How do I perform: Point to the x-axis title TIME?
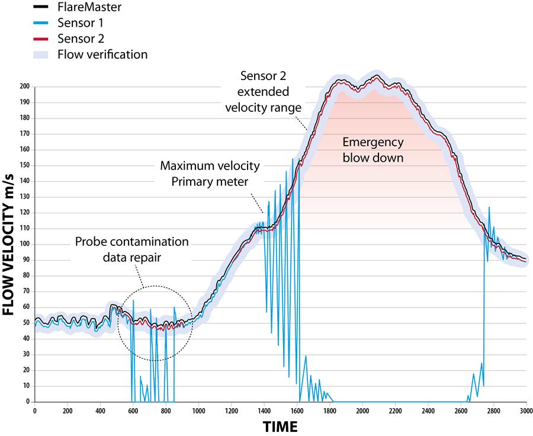[280, 425]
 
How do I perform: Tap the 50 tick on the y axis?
[25, 323]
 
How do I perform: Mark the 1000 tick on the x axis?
[198, 410]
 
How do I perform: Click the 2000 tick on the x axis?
[362, 410]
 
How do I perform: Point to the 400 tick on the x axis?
[100, 410]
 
